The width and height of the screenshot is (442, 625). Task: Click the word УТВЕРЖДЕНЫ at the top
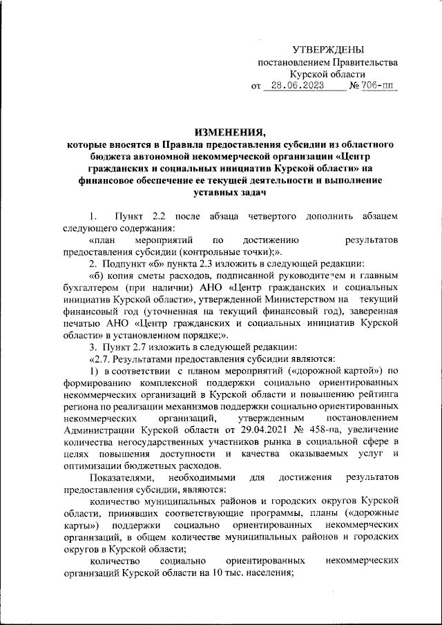(x=327, y=49)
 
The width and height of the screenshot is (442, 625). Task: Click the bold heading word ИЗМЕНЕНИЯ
(x=230, y=132)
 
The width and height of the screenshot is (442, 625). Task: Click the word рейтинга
(x=377, y=394)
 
